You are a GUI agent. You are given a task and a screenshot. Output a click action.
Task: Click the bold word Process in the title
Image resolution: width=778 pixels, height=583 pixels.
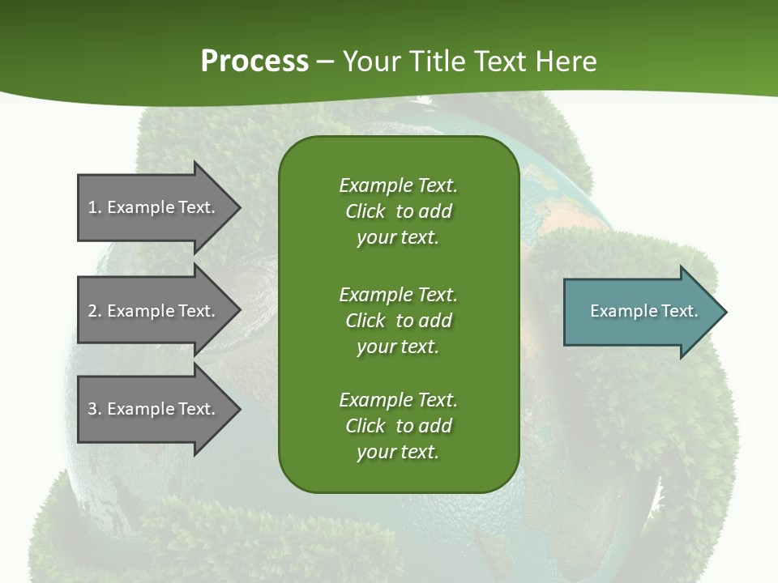(254, 61)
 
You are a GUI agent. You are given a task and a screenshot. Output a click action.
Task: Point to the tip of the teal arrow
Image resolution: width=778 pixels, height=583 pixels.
(725, 312)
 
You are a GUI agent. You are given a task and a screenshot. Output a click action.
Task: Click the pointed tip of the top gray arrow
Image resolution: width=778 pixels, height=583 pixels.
(238, 207)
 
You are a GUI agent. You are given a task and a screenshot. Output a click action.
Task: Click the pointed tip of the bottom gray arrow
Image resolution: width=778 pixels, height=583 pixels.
(238, 409)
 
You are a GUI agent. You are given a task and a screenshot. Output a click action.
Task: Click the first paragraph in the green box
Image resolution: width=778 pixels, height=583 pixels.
(398, 211)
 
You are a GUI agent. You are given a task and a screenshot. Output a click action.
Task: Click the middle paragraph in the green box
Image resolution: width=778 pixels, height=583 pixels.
(398, 321)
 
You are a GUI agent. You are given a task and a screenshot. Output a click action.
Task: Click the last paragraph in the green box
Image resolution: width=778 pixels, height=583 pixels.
(398, 426)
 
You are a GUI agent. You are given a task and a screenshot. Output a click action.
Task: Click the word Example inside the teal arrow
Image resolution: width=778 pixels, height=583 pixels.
(618, 311)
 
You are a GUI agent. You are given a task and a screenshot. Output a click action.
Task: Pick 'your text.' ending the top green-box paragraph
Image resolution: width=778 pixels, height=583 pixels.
(398, 238)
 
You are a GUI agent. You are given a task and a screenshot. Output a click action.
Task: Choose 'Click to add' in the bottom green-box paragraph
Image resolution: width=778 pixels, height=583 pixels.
(398, 426)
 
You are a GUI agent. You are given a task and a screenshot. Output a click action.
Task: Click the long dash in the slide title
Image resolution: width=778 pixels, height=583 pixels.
(326, 62)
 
